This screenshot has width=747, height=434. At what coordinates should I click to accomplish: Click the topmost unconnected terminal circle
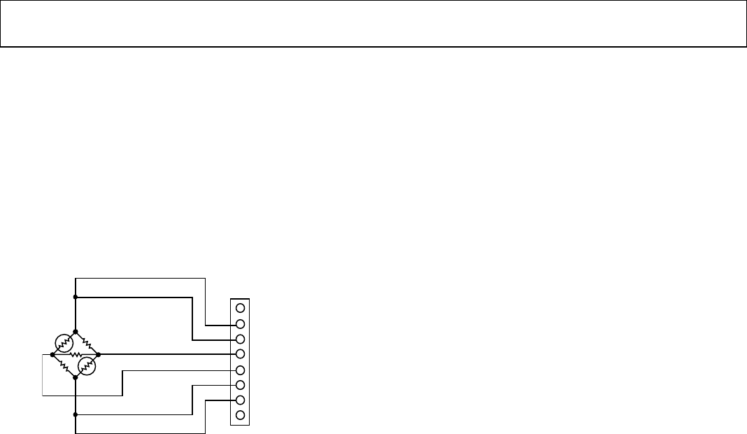240,308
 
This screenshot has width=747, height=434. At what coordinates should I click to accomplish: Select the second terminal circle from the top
240,323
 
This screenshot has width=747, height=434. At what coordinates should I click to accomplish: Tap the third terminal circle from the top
240,339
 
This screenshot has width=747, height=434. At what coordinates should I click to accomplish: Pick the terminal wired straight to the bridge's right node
240,354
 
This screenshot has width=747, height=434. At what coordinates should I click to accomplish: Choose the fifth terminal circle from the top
240,370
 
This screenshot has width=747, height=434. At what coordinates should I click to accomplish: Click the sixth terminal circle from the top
240,385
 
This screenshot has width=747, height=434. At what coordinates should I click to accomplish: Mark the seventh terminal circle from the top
240,400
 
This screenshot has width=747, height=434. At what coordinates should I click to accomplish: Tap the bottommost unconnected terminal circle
240,416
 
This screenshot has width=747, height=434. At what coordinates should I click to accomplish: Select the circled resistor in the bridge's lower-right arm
86,365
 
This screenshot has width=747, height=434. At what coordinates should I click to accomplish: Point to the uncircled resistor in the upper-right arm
87,342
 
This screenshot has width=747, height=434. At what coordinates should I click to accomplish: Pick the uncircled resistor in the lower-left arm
64,365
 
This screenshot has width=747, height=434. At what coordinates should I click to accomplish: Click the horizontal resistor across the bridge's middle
75,354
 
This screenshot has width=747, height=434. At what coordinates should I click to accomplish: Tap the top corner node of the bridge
75,331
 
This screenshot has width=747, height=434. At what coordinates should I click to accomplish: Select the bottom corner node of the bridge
75,377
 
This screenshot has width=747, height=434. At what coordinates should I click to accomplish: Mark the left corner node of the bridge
52,354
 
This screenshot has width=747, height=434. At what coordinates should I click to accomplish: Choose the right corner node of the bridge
98,354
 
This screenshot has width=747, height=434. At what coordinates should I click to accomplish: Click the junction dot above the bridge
75,297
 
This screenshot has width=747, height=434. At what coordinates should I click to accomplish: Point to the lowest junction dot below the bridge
75,414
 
